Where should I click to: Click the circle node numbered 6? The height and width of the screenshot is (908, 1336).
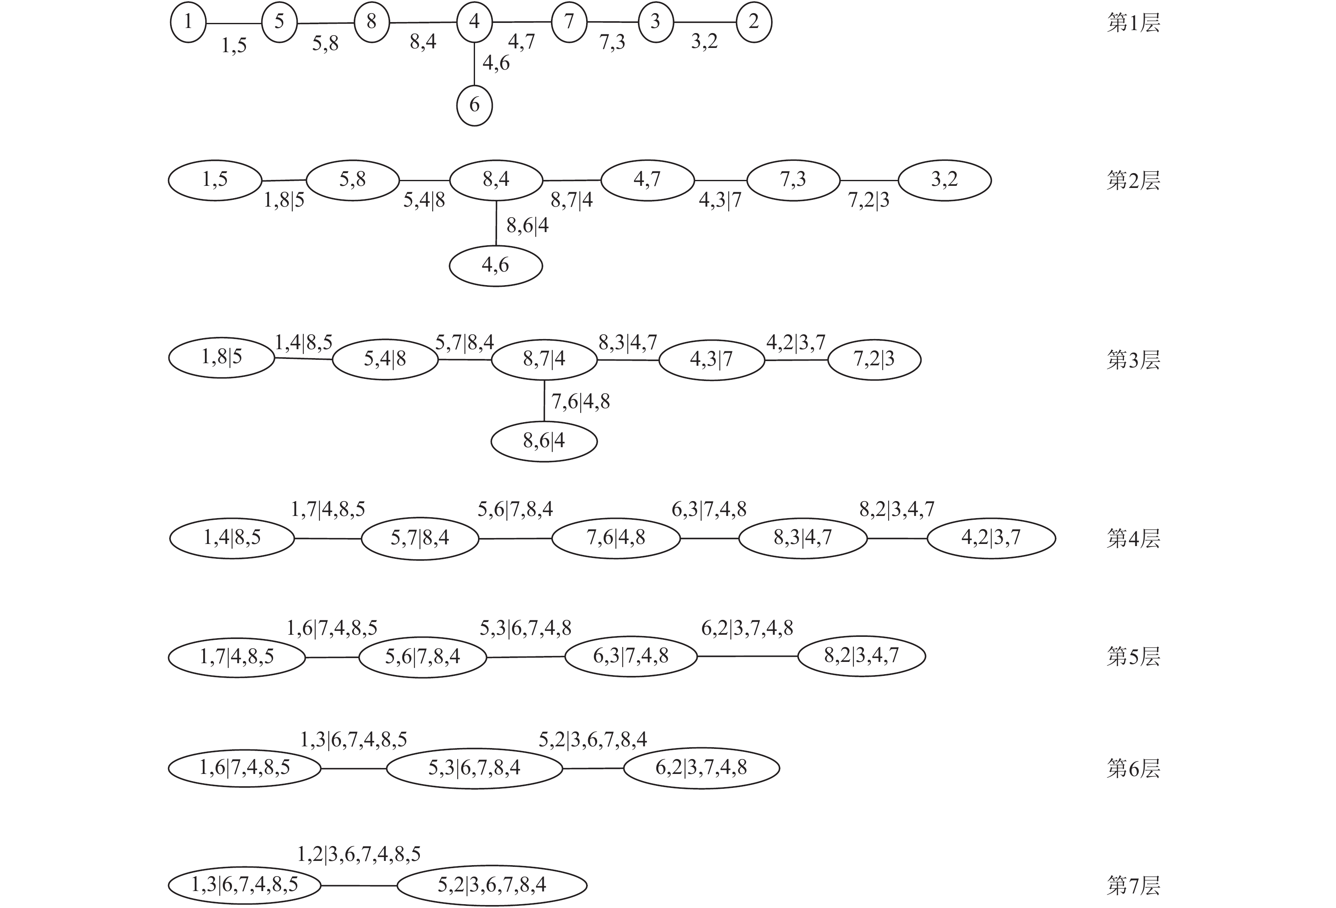click(x=474, y=105)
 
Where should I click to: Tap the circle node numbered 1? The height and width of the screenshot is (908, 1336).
click(x=188, y=22)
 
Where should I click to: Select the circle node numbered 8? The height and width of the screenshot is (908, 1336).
click(x=372, y=22)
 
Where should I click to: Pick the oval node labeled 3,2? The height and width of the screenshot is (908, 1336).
click(x=944, y=180)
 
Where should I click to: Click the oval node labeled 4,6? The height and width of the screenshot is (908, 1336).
click(x=495, y=265)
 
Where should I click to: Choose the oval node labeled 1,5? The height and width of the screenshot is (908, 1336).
click(x=215, y=180)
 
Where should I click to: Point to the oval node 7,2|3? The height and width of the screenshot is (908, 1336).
click(x=874, y=359)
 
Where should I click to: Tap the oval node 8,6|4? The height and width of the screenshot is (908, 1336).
click(x=544, y=441)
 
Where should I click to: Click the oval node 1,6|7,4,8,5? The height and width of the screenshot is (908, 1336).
click(x=244, y=768)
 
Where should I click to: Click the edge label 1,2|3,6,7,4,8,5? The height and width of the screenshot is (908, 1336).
click(x=359, y=855)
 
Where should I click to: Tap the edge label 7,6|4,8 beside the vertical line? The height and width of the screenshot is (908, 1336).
click(x=581, y=402)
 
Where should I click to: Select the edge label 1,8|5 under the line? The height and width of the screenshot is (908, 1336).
click(x=284, y=201)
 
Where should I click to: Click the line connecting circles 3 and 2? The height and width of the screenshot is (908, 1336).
click(x=705, y=22)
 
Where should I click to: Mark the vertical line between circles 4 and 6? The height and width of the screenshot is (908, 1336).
click(x=474, y=63)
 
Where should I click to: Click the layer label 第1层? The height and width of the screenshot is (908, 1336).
click(x=1133, y=23)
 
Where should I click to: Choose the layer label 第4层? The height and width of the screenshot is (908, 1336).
click(x=1133, y=538)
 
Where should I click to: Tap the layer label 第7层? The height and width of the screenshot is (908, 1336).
click(x=1133, y=886)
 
